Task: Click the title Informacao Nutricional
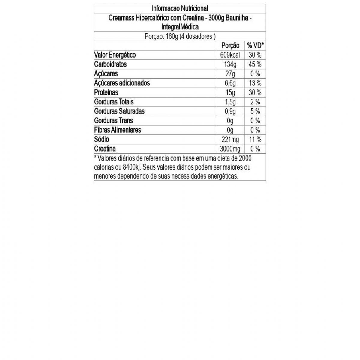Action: coord(180,8)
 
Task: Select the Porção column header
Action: coord(230,46)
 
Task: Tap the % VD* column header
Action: coord(255,46)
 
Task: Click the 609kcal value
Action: coord(230,55)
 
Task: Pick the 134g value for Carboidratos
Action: coord(230,64)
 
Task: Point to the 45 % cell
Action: coord(255,64)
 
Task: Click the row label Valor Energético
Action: coord(115,55)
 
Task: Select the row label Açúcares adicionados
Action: coord(122,83)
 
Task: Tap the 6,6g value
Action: coord(230,83)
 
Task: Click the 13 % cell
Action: coord(255,83)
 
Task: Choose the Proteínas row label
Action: coord(106,92)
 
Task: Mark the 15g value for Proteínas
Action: coord(230,93)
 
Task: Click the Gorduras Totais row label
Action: coord(114,102)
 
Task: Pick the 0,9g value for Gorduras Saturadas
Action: coord(230,111)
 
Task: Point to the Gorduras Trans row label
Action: coord(113,121)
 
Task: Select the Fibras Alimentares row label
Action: coord(118,130)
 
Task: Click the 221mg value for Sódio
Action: coord(230,139)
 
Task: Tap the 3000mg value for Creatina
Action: coord(230,149)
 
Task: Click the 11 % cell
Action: coord(255,139)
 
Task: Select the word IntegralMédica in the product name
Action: coord(180,27)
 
